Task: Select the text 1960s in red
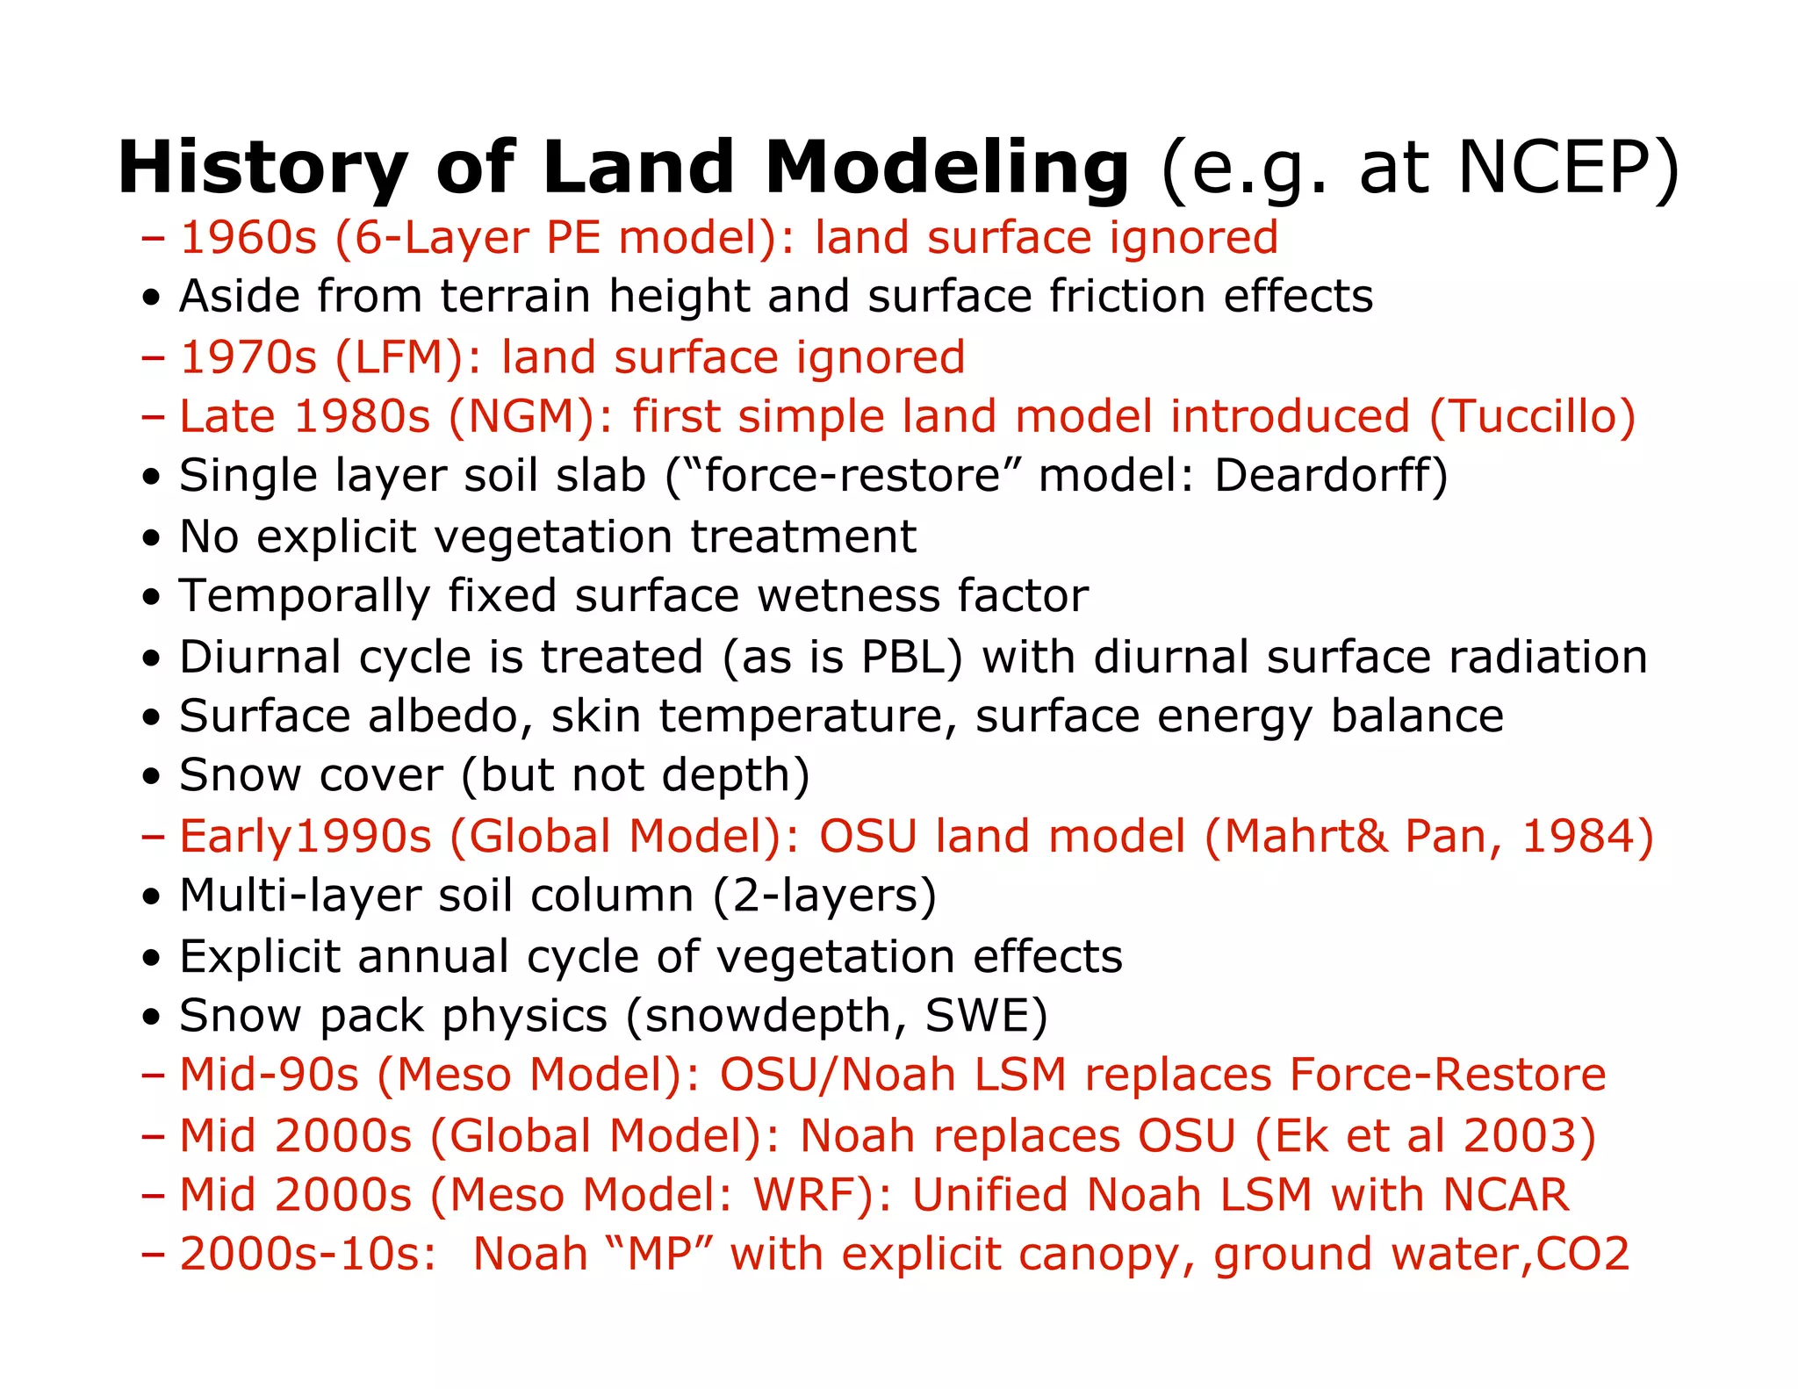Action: click(248, 238)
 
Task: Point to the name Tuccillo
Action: click(1532, 416)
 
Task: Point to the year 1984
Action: click(1576, 836)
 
